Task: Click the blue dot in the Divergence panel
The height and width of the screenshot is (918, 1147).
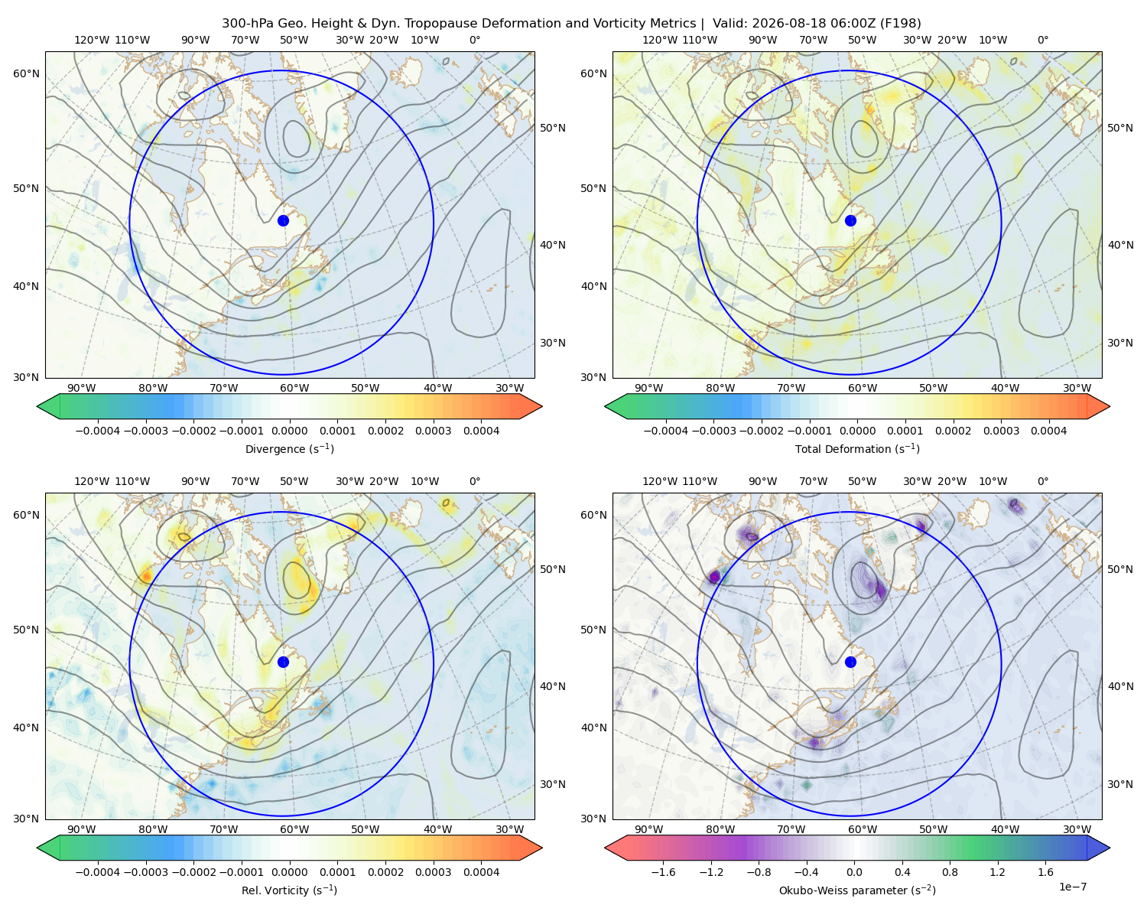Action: (283, 220)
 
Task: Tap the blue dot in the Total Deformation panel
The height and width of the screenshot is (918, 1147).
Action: (850, 220)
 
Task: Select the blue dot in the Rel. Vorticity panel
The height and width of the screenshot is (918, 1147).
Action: (283, 662)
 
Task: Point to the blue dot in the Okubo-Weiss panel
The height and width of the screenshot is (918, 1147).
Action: (850, 662)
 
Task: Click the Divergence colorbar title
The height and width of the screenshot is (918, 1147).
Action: (289, 448)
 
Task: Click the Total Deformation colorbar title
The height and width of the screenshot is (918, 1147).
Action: (857, 448)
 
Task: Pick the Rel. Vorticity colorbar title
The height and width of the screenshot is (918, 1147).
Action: (289, 890)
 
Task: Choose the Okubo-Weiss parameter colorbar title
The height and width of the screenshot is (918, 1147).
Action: (857, 890)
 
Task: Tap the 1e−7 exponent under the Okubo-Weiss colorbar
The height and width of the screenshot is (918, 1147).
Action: (1072, 887)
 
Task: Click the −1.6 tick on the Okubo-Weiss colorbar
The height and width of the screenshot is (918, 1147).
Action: (663, 872)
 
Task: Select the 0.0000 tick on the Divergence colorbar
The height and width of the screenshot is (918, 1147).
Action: (289, 431)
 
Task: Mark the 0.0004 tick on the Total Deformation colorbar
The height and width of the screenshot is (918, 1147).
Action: (1048, 431)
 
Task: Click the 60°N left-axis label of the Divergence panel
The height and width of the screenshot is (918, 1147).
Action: (26, 73)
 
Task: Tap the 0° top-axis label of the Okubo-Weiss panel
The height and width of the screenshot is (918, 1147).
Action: (1042, 481)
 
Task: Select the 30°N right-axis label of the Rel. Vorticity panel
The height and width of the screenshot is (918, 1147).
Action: (553, 784)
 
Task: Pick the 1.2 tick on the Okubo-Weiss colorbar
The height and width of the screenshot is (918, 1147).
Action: (997, 872)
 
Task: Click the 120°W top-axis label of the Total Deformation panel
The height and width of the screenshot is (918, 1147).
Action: (659, 40)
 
